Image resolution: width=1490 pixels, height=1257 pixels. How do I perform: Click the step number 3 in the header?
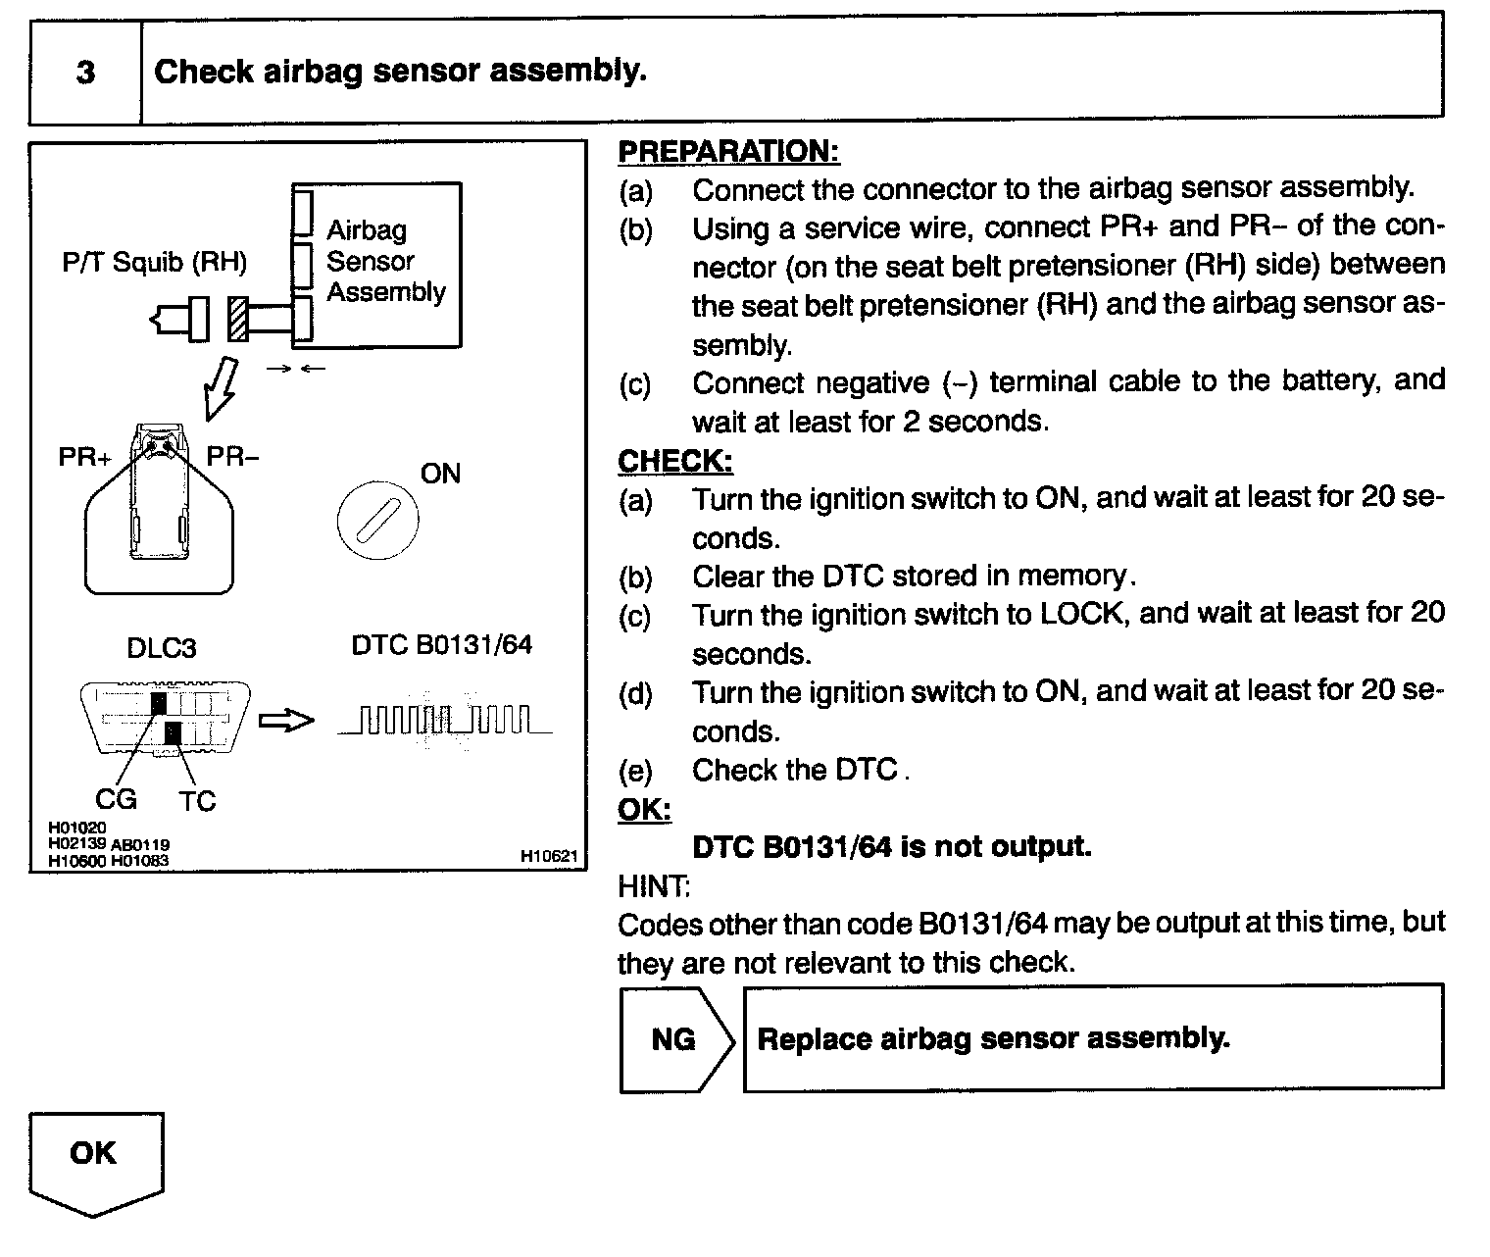[x=85, y=73]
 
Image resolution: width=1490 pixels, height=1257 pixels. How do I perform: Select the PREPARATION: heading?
[x=728, y=152]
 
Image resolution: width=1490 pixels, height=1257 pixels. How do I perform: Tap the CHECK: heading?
[x=674, y=461]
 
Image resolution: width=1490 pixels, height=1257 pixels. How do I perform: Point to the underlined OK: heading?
[x=644, y=810]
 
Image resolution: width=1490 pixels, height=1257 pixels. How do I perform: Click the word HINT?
[x=654, y=886]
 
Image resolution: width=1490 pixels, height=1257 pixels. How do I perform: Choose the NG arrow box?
[x=674, y=1039]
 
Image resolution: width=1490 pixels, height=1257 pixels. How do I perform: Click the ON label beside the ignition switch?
[x=440, y=475]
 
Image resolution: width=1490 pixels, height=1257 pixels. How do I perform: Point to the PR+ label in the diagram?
[x=85, y=458]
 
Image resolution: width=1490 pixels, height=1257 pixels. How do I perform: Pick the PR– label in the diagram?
[x=232, y=457]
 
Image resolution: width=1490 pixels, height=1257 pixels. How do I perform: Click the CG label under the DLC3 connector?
[x=116, y=800]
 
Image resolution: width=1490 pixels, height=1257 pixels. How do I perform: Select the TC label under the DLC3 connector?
[x=196, y=802]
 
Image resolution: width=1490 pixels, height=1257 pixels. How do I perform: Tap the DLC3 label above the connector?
[x=162, y=648]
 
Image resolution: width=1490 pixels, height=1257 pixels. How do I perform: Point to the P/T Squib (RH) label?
[x=154, y=263]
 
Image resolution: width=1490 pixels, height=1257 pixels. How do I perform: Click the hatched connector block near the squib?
[x=237, y=319]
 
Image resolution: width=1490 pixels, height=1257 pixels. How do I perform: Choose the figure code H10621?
[x=550, y=857]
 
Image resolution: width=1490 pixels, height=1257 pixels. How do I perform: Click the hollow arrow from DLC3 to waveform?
[x=286, y=722]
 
